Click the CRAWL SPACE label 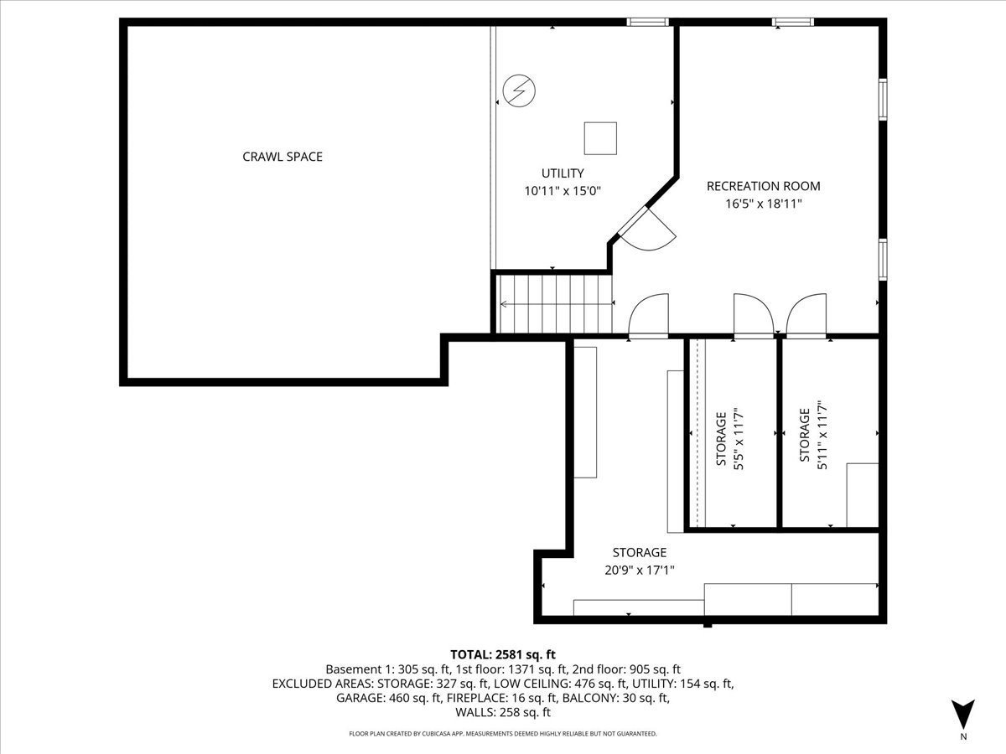[x=283, y=157]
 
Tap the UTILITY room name [x=563, y=173]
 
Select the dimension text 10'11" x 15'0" [x=563, y=191]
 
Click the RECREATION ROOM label [x=763, y=186]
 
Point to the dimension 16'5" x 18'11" [x=763, y=204]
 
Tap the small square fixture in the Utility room [x=600, y=138]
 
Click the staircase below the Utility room [x=554, y=304]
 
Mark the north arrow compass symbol [x=963, y=714]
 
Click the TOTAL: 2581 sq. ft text [x=503, y=654]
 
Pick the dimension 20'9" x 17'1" [x=639, y=571]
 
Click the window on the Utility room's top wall [x=648, y=23]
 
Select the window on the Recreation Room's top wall [x=792, y=23]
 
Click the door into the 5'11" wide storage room [x=806, y=317]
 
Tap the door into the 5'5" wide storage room [x=752, y=317]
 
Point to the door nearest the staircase [x=648, y=317]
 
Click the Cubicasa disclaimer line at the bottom [x=503, y=734]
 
